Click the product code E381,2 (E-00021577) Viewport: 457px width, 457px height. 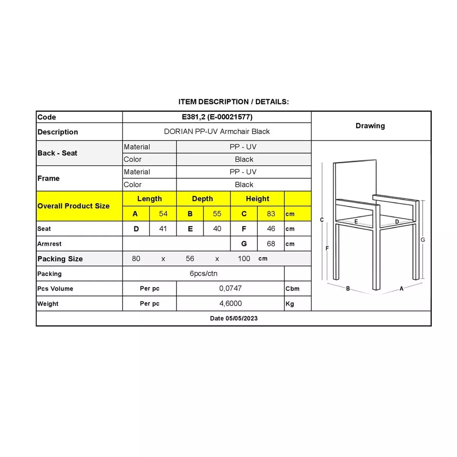point(217,117)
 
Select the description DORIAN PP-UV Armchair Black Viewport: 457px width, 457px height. point(217,131)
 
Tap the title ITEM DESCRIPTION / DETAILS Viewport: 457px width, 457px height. point(233,102)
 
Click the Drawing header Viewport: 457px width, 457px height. point(370,126)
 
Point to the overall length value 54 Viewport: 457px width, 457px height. point(163,214)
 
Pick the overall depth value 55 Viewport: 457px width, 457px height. point(217,214)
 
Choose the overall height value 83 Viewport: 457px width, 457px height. point(271,214)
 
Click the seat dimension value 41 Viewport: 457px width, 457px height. point(163,228)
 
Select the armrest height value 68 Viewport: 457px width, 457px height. point(271,244)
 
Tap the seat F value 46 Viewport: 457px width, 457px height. point(271,228)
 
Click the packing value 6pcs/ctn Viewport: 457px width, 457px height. point(203,273)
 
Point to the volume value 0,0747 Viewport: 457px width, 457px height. point(230,288)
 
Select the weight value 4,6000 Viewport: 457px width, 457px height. point(230,304)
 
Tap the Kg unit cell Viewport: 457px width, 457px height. point(290,304)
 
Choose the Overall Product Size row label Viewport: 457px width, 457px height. point(74,206)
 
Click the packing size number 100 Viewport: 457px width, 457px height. point(244,259)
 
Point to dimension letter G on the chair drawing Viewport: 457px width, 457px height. point(423,240)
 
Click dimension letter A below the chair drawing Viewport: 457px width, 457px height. point(401,289)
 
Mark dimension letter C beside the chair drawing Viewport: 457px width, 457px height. point(322,220)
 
